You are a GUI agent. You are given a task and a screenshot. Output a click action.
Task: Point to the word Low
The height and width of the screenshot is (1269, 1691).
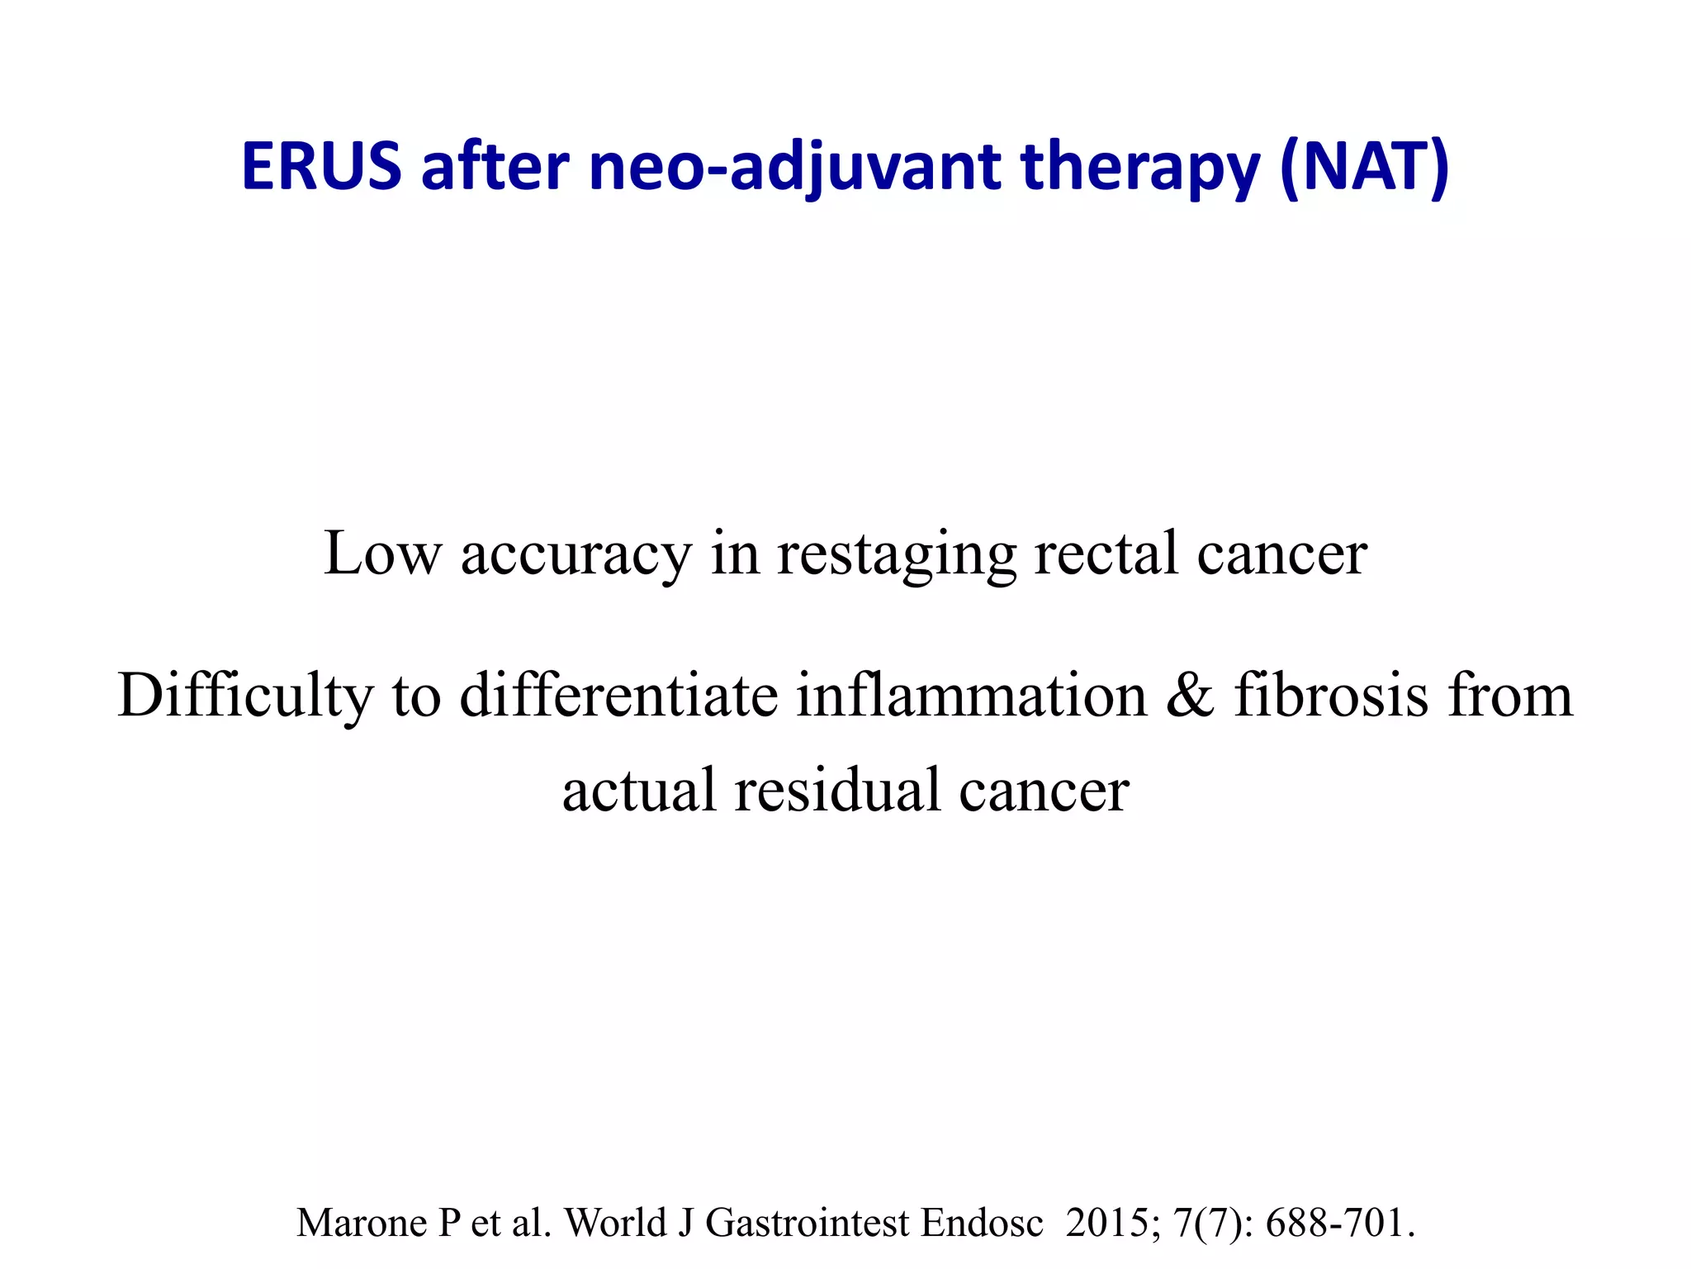tap(382, 554)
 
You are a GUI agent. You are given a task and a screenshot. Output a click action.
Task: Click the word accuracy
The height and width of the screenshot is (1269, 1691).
tap(576, 554)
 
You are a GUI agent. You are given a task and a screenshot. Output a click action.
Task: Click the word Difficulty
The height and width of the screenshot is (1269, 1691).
tap(245, 696)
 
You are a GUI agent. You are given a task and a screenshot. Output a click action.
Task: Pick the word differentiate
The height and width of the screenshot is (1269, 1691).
tap(618, 696)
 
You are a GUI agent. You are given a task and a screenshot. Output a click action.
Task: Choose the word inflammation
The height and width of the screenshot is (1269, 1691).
tap(972, 696)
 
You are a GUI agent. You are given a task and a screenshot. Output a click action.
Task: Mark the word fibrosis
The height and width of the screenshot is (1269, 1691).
tap(1331, 696)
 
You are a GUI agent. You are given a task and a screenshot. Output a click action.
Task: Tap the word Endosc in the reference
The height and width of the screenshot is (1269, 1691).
tap(982, 1224)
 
